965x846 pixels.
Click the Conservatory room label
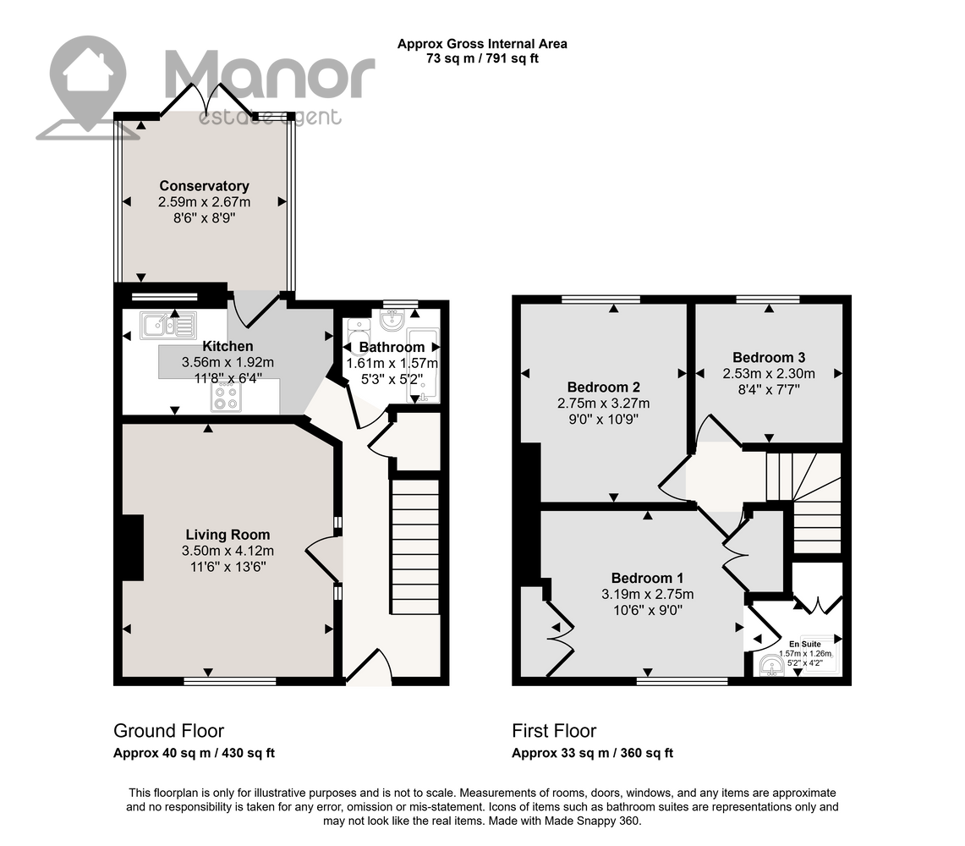coord(205,186)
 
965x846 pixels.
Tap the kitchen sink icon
coord(168,326)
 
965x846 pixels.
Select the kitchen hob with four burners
coord(226,397)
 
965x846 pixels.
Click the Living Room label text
coord(228,535)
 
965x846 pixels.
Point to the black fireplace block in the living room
coord(133,548)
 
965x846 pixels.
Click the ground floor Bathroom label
coord(392,347)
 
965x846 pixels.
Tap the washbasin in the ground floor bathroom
coord(392,320)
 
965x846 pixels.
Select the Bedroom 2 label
coord(603,387)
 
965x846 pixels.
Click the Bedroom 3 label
coord(769,358)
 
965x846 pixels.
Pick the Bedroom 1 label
coord(647,578)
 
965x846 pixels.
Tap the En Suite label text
coord(805,644)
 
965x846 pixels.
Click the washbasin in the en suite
coord(771,666)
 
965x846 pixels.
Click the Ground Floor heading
coord(168,731)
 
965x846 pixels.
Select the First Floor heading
coord(554,731)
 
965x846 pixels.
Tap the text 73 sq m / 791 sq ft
coord(482,58)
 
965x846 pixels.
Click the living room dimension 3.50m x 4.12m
coord(228,551)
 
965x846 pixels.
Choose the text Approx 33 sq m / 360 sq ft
coord(593,753)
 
